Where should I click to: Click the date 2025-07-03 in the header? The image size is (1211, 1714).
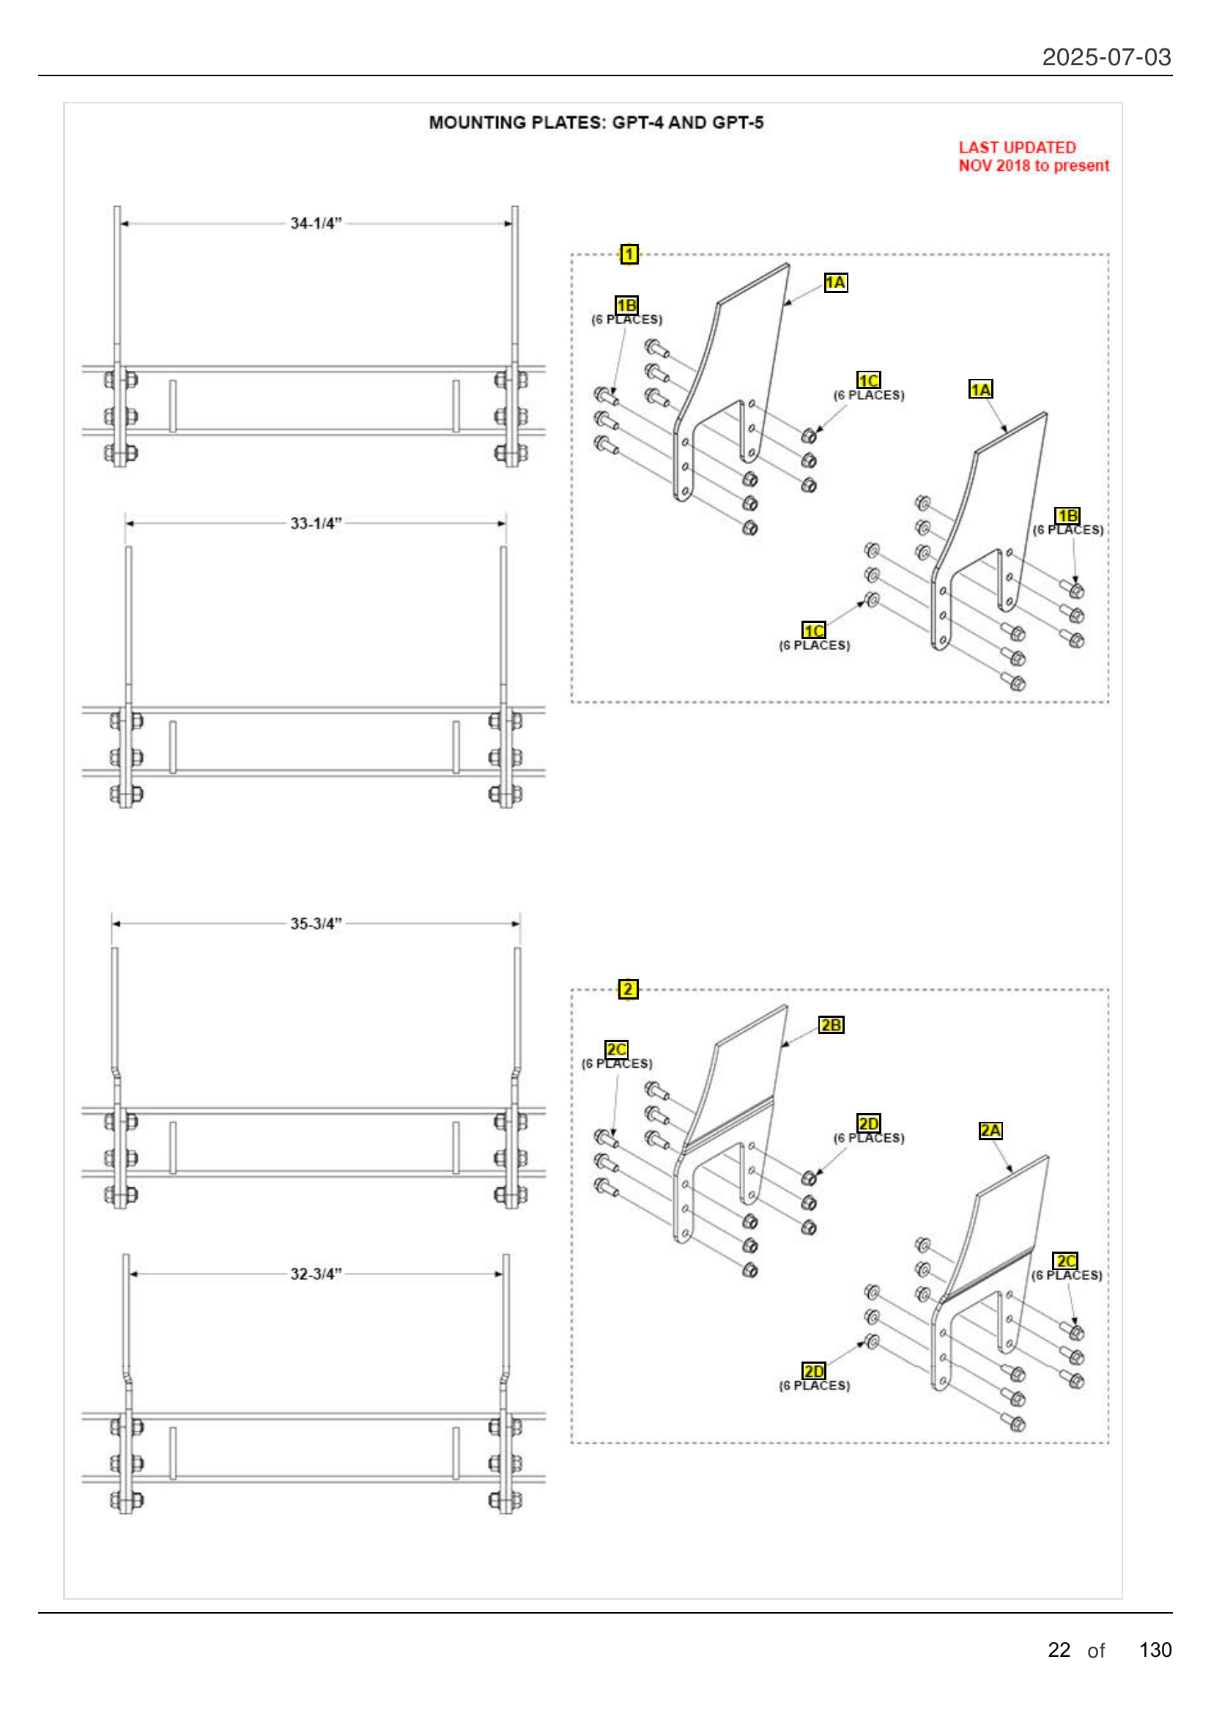coord(1106,56)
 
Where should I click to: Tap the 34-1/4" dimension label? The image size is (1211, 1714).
coord(316,224)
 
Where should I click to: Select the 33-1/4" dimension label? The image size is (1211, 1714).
coord(316,523)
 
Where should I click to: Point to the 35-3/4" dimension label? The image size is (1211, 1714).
coord(316,923)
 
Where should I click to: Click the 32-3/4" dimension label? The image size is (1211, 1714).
coord(316,1274)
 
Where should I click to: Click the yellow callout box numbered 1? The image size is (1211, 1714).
coord(629,254)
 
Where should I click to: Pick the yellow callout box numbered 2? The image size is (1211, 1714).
coord(629,989)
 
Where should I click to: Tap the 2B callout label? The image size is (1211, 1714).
coord(831,1025)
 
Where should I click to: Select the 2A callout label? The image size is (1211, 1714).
coord(990,1131)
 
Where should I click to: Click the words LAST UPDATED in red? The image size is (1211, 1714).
coord(1017,147)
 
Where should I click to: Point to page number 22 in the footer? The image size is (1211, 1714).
coord(1059,1650)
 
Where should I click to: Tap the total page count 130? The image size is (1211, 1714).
coord(1155,1650)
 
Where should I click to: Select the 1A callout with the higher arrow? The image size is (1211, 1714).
coord(836,282)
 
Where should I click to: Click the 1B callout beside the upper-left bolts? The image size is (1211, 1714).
coord(626,305)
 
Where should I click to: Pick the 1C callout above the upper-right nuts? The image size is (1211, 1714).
coord(869,380)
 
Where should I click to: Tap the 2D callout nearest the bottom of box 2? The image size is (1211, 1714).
coord(813,1370)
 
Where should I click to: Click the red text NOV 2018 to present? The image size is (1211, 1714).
coord(1034,166)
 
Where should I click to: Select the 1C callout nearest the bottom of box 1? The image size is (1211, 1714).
coord(813,630)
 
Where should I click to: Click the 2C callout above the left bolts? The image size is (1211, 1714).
coord(616,1049)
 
